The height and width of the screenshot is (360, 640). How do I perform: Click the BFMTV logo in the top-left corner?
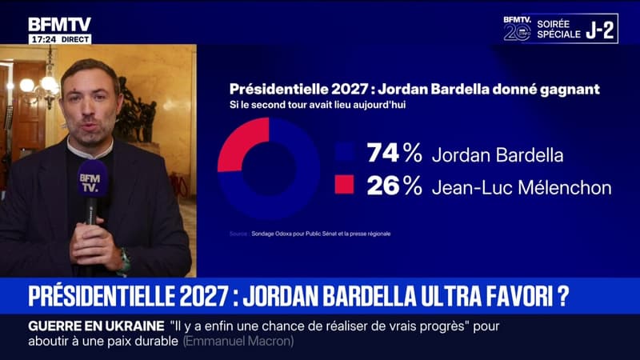point(60,25)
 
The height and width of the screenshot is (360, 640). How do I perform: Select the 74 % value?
point(394,154)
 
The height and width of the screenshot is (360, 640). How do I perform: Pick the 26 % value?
point(394,186)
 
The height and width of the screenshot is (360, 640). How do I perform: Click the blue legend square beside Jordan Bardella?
point(345,154)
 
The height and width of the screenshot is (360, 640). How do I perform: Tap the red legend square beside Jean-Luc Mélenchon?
point(345,186)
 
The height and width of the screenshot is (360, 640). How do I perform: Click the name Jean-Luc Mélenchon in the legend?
point(520,187)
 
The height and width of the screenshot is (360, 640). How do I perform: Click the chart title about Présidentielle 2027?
point(414,90)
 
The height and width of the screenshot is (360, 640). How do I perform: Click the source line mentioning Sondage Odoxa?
point(316,234)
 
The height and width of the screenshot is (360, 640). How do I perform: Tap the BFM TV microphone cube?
point(93,178)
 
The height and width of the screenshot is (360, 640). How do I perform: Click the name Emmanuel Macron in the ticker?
point(238,342)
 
